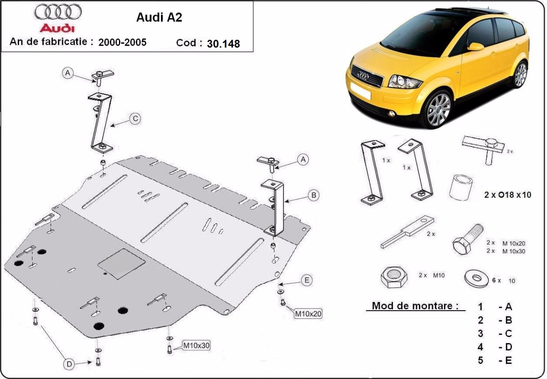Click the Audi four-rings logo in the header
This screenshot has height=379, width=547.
pyautogui.click(x=58, y=12)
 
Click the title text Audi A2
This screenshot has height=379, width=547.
pyautogui.click(x=159, y=17)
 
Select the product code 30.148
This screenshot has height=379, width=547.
pyautogui.click(x=223, y=44)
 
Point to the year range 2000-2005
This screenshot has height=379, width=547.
pyautogui.click(x=122, y=42)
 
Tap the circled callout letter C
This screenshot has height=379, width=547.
pyautogui.click(x=135, y=119)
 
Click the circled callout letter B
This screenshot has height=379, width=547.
pyautogui.click(x=314, y=195)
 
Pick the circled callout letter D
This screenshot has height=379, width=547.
pyautogui.click(x=69, y=364)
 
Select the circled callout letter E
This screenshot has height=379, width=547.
pyautogui.click(x=307, y=280)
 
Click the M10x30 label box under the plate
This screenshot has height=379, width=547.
pyautogui.click(x=196, y=346)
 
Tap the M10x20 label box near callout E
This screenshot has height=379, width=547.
pyautogui.click(x=308, y=313)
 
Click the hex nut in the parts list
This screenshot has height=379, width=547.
pyautogui.click(x=394, y=277)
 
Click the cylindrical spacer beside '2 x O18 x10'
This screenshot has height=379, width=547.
pyautogui.click(x=461, y=187)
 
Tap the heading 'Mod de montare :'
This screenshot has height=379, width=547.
pyautogui.click(x=415, y=306)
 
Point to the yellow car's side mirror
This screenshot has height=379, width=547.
pyautogui.click(x=476, y=46)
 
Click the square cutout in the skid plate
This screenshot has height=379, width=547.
pyautogui.click(x=121, y=264)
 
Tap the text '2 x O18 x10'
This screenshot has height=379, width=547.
pyautogui.click(x=508, y=195)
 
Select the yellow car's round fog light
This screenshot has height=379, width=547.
pyautogui.click(x=392, y=113)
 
